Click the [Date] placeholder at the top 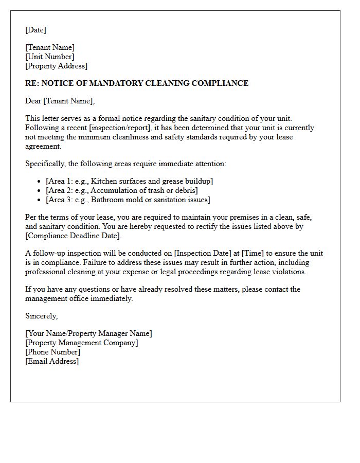click(x=35, y=30)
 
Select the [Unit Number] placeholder click(x=50, y=57)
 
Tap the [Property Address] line click(x=57, y=66)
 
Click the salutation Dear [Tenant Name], click(x=60, y=101)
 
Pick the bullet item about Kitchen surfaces click(x=129, y=181)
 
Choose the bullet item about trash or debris click(x=122, y=190)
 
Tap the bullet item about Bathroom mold click(x=128, y=200)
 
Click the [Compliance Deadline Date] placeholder click(x=74, y=236)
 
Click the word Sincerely click(x=41, y=316)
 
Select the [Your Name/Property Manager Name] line click(x=88, y=333)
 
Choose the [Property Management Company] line click(x=82, y=343)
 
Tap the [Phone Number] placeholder click(x=52, y=352)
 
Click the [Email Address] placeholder click(x=52, y=361)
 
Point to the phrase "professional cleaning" click(x=61, y=272)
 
